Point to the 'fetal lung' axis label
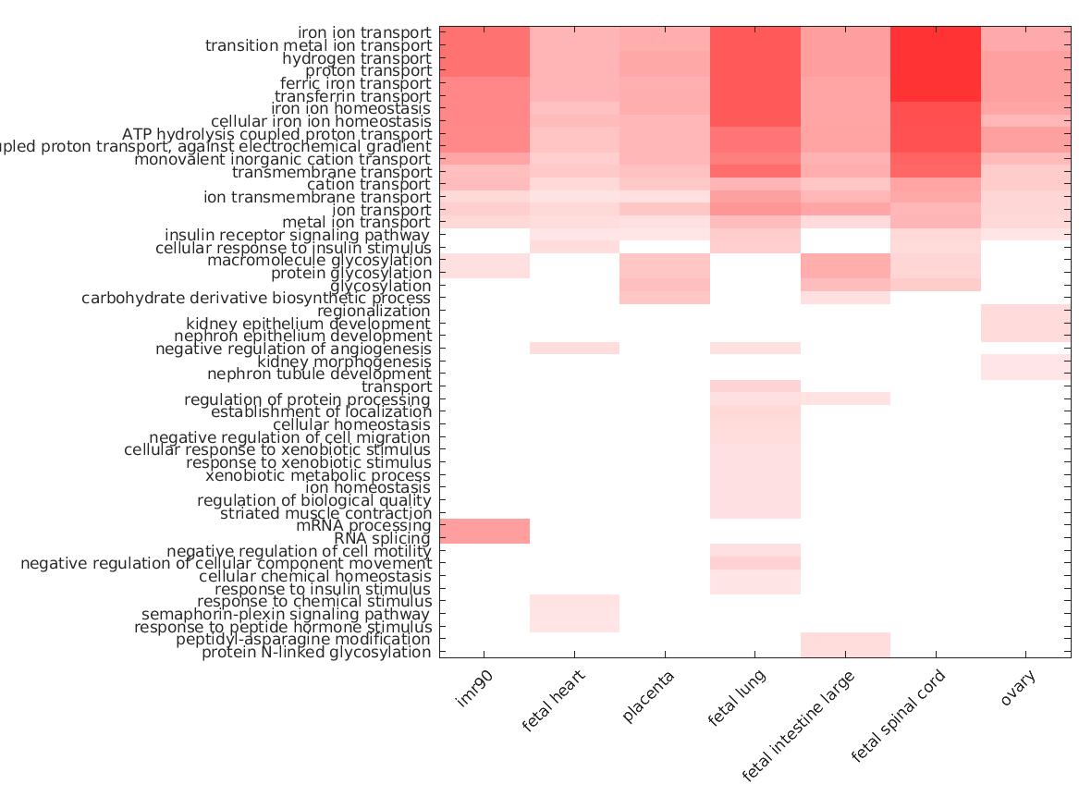point(737,699)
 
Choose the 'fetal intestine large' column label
point(799,726)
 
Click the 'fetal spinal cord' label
point(898,717)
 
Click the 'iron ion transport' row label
point(364,32)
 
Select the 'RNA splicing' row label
point(382,538)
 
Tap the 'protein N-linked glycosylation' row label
point(316,652)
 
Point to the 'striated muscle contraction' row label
point(325,513)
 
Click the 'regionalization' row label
point(374,311)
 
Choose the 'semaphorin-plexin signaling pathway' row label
point(286,614)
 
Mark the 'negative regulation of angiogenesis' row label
point(293,349)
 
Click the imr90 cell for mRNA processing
point(484,525)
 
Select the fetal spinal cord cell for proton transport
point(935,70)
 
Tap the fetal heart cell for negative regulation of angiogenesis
point(574,349)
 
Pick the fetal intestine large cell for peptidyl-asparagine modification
point(845,639)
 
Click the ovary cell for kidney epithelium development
point(1024,324)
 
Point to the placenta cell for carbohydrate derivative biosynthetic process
point(665,298)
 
